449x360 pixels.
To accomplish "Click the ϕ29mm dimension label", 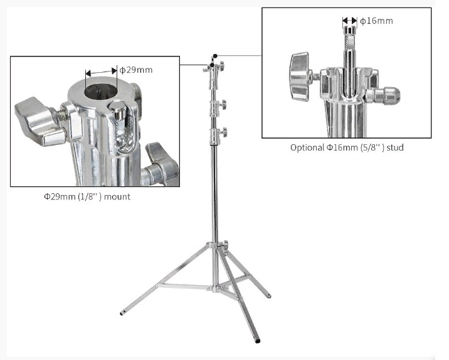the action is click(x=135, y=70).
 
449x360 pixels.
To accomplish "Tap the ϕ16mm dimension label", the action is click(x=376, y=21).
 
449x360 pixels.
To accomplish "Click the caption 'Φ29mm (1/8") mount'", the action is click(x=87, y=197).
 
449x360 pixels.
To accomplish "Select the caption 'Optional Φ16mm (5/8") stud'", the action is click(x=347, y=147).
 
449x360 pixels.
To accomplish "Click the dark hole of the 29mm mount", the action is click(x=101, y=92).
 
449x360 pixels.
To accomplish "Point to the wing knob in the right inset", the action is click(x=300, y=77).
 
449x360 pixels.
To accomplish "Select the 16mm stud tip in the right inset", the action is click(x=350, y=30).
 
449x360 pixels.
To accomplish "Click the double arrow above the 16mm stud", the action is click(x=350, y=21).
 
